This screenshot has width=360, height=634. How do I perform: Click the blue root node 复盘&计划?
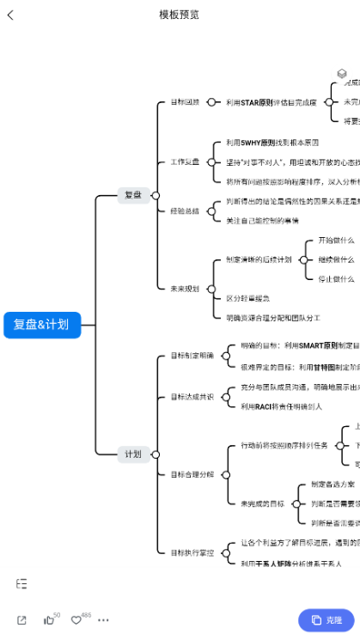(x=41, y=325)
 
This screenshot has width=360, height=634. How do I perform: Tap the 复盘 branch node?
(x=133, y=195)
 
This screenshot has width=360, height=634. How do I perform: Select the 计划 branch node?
(x=133, y=454)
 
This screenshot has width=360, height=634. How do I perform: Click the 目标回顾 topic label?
(x=184, y=102)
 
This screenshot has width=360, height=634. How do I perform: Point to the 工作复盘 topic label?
(x=184, y=162)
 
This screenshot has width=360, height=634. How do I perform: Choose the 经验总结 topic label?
(x=184, y=210)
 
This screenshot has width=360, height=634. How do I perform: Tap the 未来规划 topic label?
(x=184, y=289)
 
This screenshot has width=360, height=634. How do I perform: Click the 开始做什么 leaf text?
(x=336, y=241)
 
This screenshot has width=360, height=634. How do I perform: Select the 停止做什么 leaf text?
(x=336, y=278)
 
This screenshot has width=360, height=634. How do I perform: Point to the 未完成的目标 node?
(x=263, y=503)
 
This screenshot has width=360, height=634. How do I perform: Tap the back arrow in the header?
(x=10, y=15)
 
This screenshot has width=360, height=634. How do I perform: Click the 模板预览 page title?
(x=180, y=15)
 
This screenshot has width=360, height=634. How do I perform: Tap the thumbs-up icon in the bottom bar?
(x=49, y=620)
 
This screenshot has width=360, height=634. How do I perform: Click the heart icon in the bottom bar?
(x=76, y=620)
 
